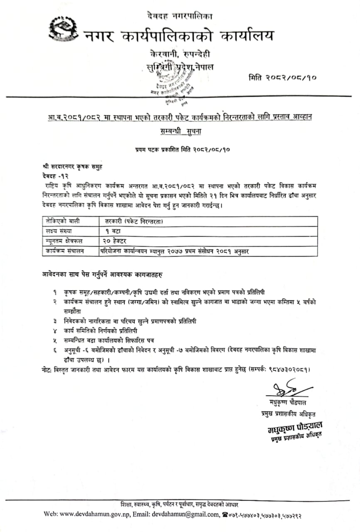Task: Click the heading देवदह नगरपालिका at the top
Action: point(179,17)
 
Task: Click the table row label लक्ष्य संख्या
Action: point(58,231)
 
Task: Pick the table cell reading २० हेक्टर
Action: point(117,241)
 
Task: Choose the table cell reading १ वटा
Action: point(110,231)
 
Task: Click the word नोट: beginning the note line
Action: point(47,369)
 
